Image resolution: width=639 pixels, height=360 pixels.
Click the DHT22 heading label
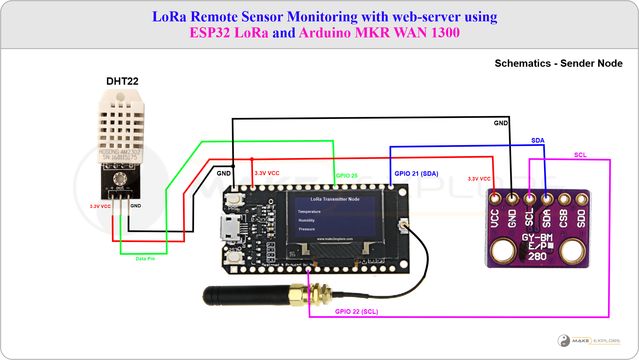tap(122, 81)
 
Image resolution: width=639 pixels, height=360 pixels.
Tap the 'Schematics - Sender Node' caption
tap(558, 63)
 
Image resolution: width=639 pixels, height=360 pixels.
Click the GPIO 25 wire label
tap(347, 176)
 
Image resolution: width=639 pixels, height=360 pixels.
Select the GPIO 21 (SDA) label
tap(416, 174)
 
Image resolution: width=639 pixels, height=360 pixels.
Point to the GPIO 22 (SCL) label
tap(356, 312)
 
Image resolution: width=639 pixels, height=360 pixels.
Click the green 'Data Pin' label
tap(145, 259)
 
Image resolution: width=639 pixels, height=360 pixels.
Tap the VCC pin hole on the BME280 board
tap(495, 199)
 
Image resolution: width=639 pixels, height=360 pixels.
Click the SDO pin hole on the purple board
tap(581, 199)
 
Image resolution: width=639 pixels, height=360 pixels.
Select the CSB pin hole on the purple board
tap(564, 199)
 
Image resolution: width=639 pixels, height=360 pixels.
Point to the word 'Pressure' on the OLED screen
tap(307, 229)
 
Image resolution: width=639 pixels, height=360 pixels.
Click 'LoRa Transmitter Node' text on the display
tap(335, 199)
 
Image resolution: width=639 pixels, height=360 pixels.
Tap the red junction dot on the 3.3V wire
tap(252, 159)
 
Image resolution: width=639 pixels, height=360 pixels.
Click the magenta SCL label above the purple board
tap(580, 155)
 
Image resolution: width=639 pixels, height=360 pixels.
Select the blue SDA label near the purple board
tap(538, 140)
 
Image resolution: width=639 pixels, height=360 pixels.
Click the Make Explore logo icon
tap(564, 341)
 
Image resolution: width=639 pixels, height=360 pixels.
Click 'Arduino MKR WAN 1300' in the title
tap(379, 33)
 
